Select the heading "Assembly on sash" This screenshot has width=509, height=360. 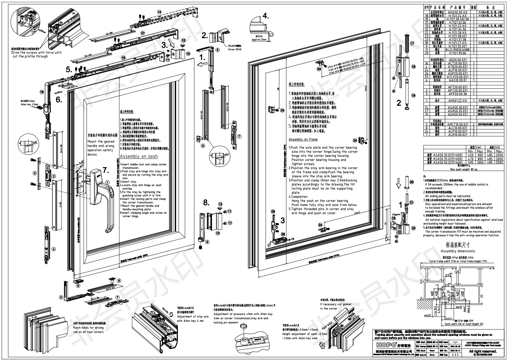coord(139,157)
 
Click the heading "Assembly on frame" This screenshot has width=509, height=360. coord(303,139)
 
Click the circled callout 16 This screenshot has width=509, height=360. coord(42,92)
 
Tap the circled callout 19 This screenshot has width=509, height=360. coord(413,95)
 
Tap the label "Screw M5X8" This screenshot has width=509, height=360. coord(235,50)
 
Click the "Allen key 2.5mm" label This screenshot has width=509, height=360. coord(30,105)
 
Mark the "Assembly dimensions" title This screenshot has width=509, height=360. coord(458,251)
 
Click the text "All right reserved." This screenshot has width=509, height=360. coord(483,352)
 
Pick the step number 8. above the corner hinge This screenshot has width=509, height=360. coord(206,202)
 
